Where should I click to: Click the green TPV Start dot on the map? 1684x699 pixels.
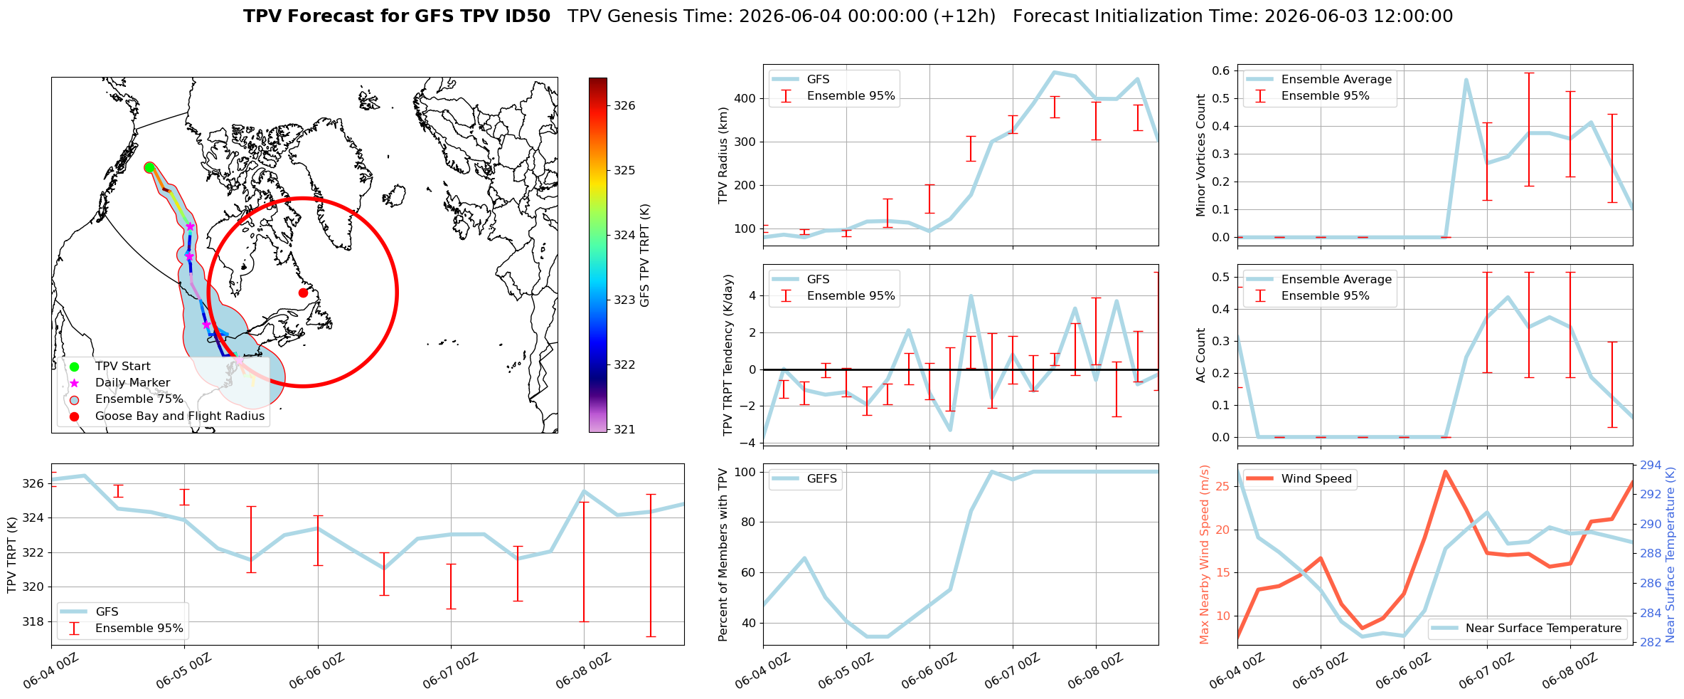tap(149, 167)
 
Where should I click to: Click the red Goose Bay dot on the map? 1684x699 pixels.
tap(303, 293)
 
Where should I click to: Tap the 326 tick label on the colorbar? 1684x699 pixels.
tap(625, 106)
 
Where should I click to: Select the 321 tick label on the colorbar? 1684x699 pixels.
tap(625, 430)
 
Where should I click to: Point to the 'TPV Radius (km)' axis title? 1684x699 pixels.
tap(724, 155)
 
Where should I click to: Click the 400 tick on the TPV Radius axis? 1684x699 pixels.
tap(745, 99)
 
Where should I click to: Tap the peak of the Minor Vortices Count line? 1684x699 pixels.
tap(1466, 80)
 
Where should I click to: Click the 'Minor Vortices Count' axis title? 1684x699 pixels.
tap(1201, 155)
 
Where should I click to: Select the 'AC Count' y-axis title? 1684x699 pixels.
tap(1201, 355)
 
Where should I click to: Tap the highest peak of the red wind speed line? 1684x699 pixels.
tap(1445, 471)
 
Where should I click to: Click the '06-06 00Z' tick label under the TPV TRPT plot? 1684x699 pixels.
tap(317, 671)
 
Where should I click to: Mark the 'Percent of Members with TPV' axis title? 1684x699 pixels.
tap(724, 555)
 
